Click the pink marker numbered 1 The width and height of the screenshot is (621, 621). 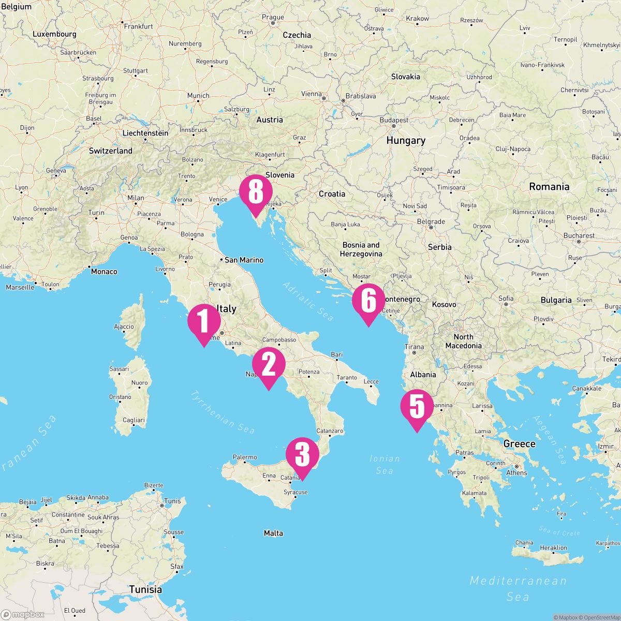click(204, 321)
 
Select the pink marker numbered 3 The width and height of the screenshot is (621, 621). click(302, 455)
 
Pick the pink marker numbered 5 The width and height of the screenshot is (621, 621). click(417, 407)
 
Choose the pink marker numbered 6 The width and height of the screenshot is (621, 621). click(368, 301)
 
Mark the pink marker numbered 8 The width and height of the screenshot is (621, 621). click(256, 193)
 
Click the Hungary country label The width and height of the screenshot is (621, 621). click(406, 140)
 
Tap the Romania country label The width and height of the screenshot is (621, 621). click(549, 187)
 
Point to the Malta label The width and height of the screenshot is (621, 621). click(273, 533)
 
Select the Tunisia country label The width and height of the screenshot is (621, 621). click(145, 589)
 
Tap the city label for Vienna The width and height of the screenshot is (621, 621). click(311, 94)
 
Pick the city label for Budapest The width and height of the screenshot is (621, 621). click(394, 120)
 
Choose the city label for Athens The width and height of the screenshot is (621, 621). click(516, 473)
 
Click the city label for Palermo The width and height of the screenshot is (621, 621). click(245, 457)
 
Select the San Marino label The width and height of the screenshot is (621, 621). click(244, 260)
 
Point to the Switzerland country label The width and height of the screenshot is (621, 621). click(110, 151)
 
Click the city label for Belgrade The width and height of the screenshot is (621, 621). click(431, 221)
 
